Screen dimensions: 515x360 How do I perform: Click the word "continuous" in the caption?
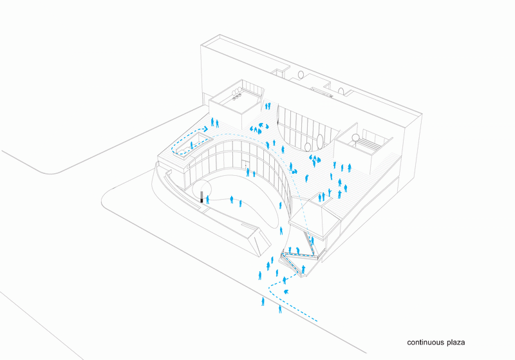426,343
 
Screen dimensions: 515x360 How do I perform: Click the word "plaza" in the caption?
456,343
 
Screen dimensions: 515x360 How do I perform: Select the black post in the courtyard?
201,196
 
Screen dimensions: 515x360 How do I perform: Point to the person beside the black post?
207,200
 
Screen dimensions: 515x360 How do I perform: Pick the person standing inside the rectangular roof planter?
191,145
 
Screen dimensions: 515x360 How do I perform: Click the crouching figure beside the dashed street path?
286,292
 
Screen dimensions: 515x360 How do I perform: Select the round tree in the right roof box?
355,138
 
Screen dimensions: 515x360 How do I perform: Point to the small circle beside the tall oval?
308,147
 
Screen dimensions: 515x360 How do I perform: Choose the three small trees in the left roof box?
236,91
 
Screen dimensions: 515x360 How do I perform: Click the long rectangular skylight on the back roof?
322,92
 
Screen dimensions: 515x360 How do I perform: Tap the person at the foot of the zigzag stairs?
303,269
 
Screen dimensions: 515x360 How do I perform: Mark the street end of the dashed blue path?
317,320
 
